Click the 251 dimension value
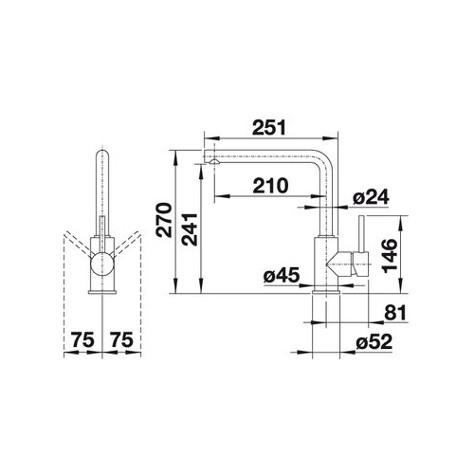pyautogui.click(x=269, y=127)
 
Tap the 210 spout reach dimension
pyautogui.click(x=270, y=186)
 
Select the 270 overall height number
pyautogui.click(x=164, y=220)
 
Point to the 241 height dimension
pyautogui.click(x=190, y=229)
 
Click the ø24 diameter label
pyautogui.click(x=371, y=197)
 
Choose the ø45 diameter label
pyautogui.click(x=281, y=275)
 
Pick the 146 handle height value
pyautogui.click(x=390, y=256)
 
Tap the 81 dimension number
pyautogui.click(x=395, y=313)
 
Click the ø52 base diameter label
pyautogui.click(x=374, y=342)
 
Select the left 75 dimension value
pyautogui.click(x=82, y=339)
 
